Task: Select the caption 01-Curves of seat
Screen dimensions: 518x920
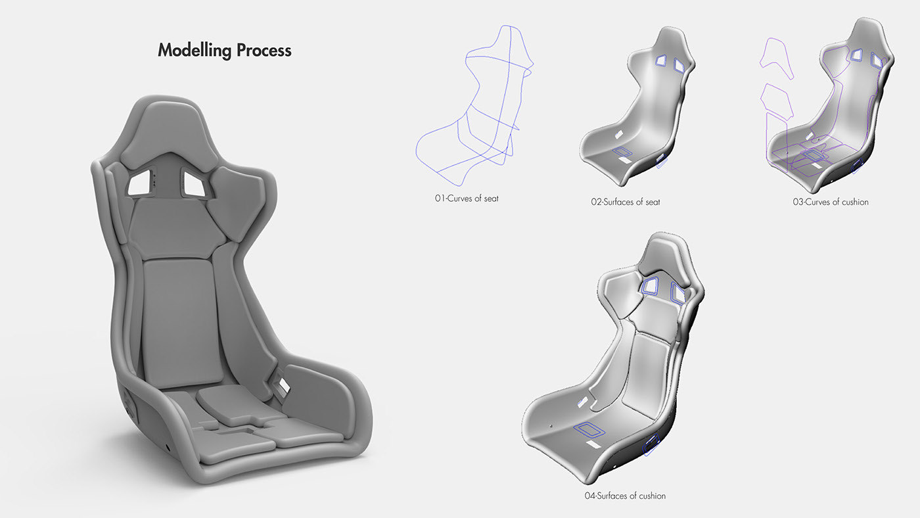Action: coord(466,198)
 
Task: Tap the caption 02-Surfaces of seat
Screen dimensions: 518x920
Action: coord(625,202)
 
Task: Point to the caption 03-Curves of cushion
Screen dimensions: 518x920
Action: coord(830,202)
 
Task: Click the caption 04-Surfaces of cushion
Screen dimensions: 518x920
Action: coord(624,496)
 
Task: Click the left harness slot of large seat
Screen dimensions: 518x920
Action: coord(140,185)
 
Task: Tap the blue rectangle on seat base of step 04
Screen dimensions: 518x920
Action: coord(591,431)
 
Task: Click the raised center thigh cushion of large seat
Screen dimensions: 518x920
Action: coord(227,401)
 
